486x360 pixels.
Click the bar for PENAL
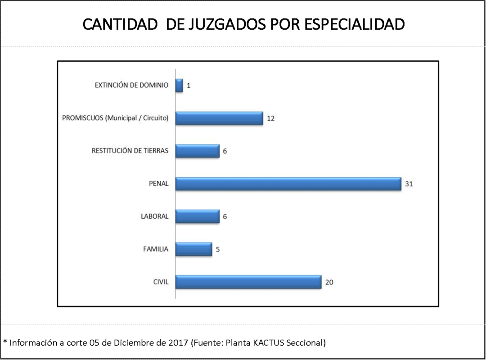pyautogui.click(x=288, y=184)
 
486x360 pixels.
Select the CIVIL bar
pyautogui.click(x=248, y=282)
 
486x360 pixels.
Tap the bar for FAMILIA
pyautogui.click(x=193, y=249)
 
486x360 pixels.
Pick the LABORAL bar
pyautogui.click(x=197, y=216)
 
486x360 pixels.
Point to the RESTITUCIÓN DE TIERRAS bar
pyautogui.click(x=197, y=151)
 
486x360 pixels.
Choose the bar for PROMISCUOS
pyautogui.click(x=219, y=118)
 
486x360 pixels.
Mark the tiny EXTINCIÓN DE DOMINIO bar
pyautogui.click(x=179, y=85)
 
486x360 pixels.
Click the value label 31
pyautogui.click(x=409, y=184)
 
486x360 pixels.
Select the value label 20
pyautogui.click(x=329, y=282)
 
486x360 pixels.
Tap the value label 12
pyautogui.click(x=270, y=119)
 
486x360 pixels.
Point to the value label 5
pyautogui.click(x=218, y=249)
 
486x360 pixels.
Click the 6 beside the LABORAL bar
pyautogui.click(x=225, y=217)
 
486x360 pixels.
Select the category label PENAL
pyautogui.click(x=158, y=184)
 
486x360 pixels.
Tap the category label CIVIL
pyautogui.click(x=161, y=282)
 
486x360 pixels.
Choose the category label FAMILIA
pyautogui.click(x=156, y=249)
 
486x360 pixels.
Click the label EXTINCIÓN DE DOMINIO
pyautogui.click(x=131, y=85)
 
